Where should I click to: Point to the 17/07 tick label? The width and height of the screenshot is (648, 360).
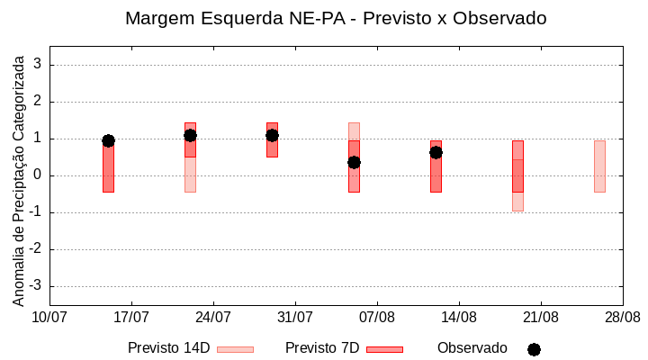(131, 317)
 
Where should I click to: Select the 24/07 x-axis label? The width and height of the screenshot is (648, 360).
(213, 317)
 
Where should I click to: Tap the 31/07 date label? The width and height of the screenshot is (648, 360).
(295, 317)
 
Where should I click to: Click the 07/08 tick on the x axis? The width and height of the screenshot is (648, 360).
(377, 317)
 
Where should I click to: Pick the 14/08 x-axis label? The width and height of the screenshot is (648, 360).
(459, 317)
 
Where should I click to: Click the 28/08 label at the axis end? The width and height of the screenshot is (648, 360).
(622, 317)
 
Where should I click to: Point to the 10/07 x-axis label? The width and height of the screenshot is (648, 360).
(49, 317)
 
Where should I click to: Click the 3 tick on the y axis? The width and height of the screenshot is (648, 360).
(39, 65)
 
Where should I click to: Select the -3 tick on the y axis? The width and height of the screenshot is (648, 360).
(36, 286)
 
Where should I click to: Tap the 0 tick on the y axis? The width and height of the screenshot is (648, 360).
(39, 175)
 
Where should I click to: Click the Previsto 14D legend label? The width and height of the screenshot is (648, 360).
(168, 348)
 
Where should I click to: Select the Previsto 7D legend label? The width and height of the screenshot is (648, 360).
(322, 348)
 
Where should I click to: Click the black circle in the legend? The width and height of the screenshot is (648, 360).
(534, 349)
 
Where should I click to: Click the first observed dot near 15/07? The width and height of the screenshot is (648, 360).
(108, 140)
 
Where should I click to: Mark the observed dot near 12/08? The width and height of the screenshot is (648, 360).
(436, 152)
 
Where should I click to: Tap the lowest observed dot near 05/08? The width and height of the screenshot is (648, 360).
(354, 162)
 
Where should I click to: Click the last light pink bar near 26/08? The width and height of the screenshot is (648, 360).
(599, 166)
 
